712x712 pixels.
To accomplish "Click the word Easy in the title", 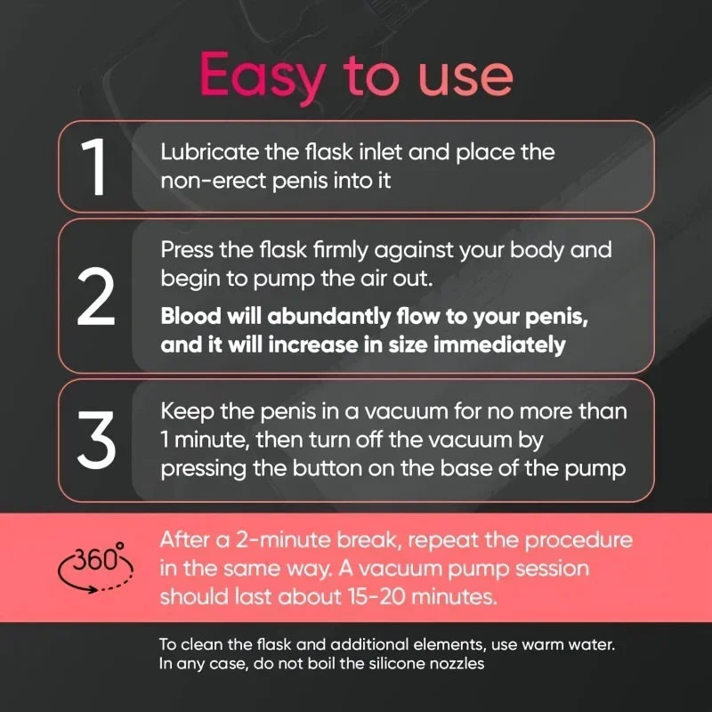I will tap(259, 76).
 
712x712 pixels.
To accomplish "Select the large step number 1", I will tap(95, 166).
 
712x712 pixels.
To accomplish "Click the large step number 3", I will tap(95, 438).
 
